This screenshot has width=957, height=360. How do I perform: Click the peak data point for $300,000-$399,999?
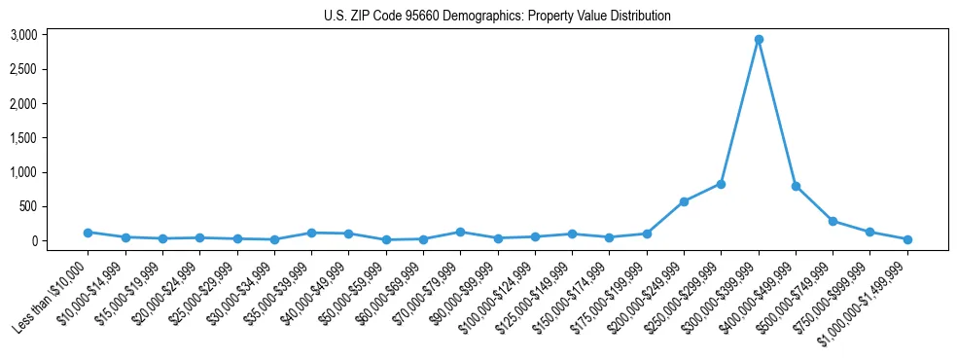[759, 40]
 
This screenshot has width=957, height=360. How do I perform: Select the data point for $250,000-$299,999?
[721, 184]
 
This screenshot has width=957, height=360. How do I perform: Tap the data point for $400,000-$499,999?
[796, 186]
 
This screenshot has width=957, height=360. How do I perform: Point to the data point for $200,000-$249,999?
[684, 201]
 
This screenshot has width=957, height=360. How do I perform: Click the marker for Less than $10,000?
[88, 233]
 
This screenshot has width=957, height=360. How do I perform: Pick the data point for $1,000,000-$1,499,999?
[907, 239]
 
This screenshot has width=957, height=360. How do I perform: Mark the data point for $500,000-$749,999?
[833, 221]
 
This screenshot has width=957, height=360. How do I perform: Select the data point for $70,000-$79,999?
[460, 232]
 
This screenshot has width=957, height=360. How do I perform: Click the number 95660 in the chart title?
[424, 17]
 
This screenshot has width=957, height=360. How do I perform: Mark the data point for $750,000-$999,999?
[870, 232]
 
